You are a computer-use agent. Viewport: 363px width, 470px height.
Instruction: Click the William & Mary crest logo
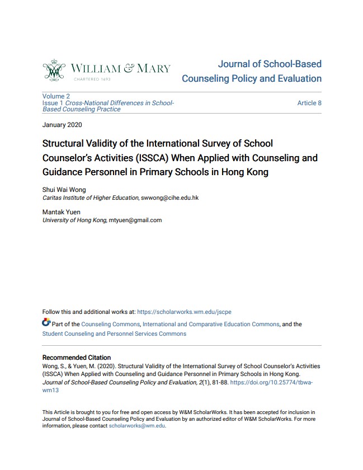click(54, 70)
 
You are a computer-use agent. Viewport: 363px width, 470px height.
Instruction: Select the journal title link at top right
click(252, 71)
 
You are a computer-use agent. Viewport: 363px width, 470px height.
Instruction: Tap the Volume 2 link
click(56, 96)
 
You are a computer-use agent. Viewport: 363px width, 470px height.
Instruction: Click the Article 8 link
click(309, 103)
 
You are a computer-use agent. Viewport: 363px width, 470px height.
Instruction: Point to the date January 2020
click(62, 124)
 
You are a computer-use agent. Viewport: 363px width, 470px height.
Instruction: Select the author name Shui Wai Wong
click(65, 190)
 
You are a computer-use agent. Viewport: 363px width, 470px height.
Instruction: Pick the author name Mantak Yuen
click(62, 213)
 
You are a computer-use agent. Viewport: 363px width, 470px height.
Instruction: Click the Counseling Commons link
click(110, 324)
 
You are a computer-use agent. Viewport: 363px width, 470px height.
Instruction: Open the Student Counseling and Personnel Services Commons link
click(114, 333)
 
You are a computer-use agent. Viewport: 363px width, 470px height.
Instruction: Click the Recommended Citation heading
click(77, 358)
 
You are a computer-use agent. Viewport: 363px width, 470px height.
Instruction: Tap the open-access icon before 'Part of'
click(46, 323)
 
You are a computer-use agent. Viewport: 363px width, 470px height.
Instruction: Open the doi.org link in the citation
click(271, 383)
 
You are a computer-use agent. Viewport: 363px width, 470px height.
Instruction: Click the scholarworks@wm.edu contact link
click(137, 425)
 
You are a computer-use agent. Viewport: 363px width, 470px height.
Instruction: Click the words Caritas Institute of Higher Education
click(91, 198)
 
